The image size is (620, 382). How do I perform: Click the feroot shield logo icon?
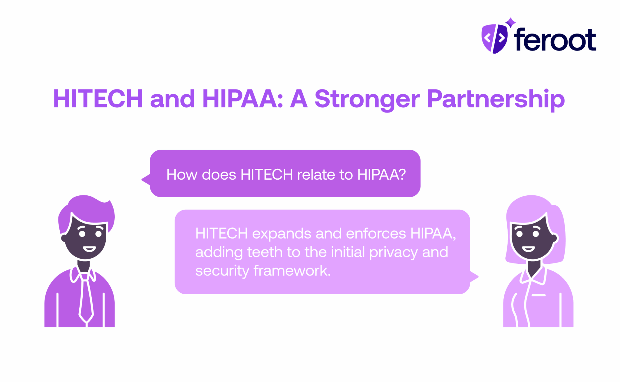coord(494,38)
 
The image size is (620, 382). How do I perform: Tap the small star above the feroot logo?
coord(510,22)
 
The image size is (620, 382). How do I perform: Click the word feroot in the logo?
coord(555,40)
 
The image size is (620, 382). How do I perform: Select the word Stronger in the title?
coord(367,99)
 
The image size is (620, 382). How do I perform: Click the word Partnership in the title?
coord(496,99)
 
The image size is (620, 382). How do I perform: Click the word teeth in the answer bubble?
coord(265,252)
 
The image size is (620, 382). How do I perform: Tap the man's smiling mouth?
coord(89,249)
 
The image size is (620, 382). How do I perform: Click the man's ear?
coord(63,238)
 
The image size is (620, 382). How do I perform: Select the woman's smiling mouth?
coord(528,249)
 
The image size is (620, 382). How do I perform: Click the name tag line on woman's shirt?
coord(538,295)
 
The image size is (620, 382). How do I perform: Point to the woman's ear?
coord(555,238)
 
